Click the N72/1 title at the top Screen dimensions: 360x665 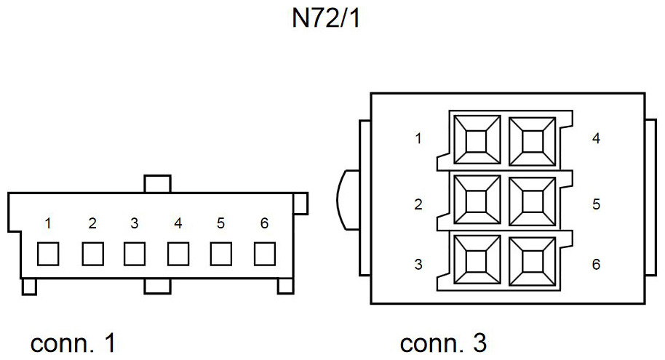click(x=326, y=19)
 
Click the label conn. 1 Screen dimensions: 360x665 click(x=73, y=343)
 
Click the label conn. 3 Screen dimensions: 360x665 click(x=443, y=343)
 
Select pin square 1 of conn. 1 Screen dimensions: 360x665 click(x=48, y=254)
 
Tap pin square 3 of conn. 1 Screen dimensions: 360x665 click(x=135, y=254)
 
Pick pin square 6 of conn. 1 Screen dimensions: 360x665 click(x=265, y=254)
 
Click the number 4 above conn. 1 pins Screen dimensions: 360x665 click(x=178, y=223)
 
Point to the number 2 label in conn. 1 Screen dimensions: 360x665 click(x=92, y=223)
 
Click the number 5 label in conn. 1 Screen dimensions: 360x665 click(x=220, y=223)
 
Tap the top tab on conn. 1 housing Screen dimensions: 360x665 click(x=157, y=183)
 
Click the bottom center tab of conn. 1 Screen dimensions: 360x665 click(x=157, y=287)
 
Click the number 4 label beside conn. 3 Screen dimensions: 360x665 click(x=596, y=138)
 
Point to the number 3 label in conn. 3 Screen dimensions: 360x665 click(x=418, y=264)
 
